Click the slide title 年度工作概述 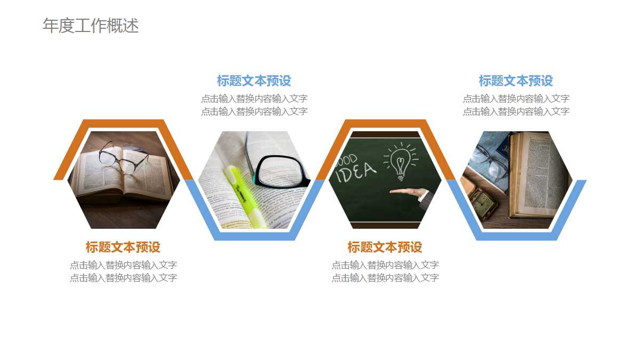click(x=91, y=26)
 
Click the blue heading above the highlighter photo click(x=254, y=81)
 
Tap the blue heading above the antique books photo click(x=516, y=81)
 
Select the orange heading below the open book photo click(x=123, y=247)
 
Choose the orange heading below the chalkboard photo click(x=385, y=247)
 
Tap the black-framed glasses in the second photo click(x=281, y=170)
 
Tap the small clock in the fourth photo click(x=485, y=205)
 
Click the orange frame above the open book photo click(x=123, y=124)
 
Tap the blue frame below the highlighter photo click(x=254, y=236)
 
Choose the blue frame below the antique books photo click(x=516, y=236)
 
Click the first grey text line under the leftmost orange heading click(x=123, y=265)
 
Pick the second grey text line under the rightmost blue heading click(x=516, y=111)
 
